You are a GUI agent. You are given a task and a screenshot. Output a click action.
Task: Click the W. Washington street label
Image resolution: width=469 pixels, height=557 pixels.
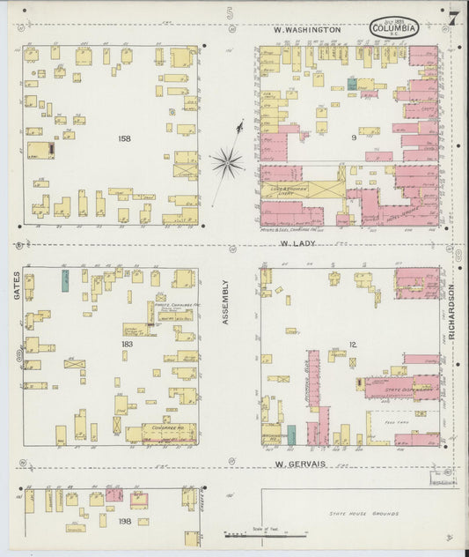[306, 30]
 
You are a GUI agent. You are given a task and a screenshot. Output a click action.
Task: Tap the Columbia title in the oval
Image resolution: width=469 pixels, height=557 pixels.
[393, 28]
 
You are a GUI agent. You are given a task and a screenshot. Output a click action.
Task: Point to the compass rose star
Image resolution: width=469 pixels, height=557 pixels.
[227, 161]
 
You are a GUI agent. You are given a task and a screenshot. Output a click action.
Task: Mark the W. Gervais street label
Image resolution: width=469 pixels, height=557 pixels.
[299, 464]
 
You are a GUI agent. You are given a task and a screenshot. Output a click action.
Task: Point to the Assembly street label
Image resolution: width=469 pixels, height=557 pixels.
[225, 302]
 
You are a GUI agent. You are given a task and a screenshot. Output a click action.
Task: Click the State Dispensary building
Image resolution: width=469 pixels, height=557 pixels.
[400, 388]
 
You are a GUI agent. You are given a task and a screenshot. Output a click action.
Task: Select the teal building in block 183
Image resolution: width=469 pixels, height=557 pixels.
[65, 281]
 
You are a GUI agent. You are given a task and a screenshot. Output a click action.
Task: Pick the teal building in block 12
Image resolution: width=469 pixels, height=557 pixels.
[291, 434]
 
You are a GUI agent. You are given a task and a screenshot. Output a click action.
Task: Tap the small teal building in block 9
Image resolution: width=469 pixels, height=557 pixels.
[352, 83]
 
